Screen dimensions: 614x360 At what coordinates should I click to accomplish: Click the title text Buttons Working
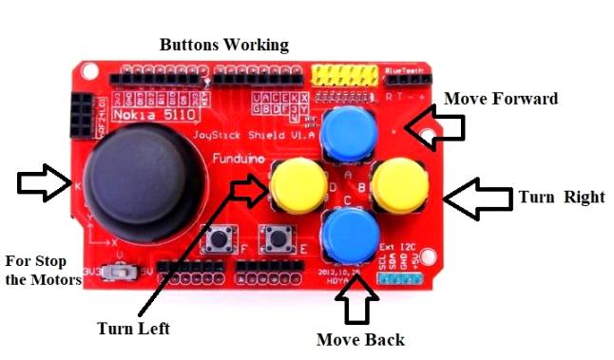click(x=223, y=45)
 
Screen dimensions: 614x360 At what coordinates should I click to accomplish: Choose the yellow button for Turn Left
click(x=297, y=184)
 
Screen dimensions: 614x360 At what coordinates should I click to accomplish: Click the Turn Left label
click(x=133, y=329)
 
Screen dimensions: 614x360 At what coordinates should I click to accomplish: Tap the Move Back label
click(x=360, y=339)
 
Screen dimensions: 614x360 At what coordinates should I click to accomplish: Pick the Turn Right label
click(x=562, y=198)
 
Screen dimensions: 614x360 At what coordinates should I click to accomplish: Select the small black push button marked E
click(x=278, y=237)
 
